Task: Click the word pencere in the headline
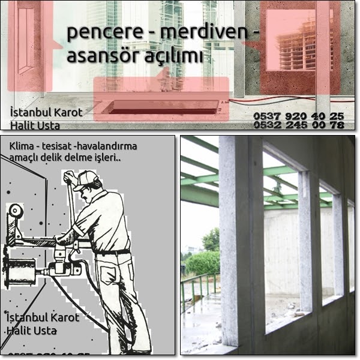(x=95, y=32)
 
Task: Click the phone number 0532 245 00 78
(x=299, y=125)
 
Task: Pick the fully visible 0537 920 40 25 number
(x=299, y=115)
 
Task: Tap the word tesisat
(x=62, y=146)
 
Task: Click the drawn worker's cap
(x=85, y=179)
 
